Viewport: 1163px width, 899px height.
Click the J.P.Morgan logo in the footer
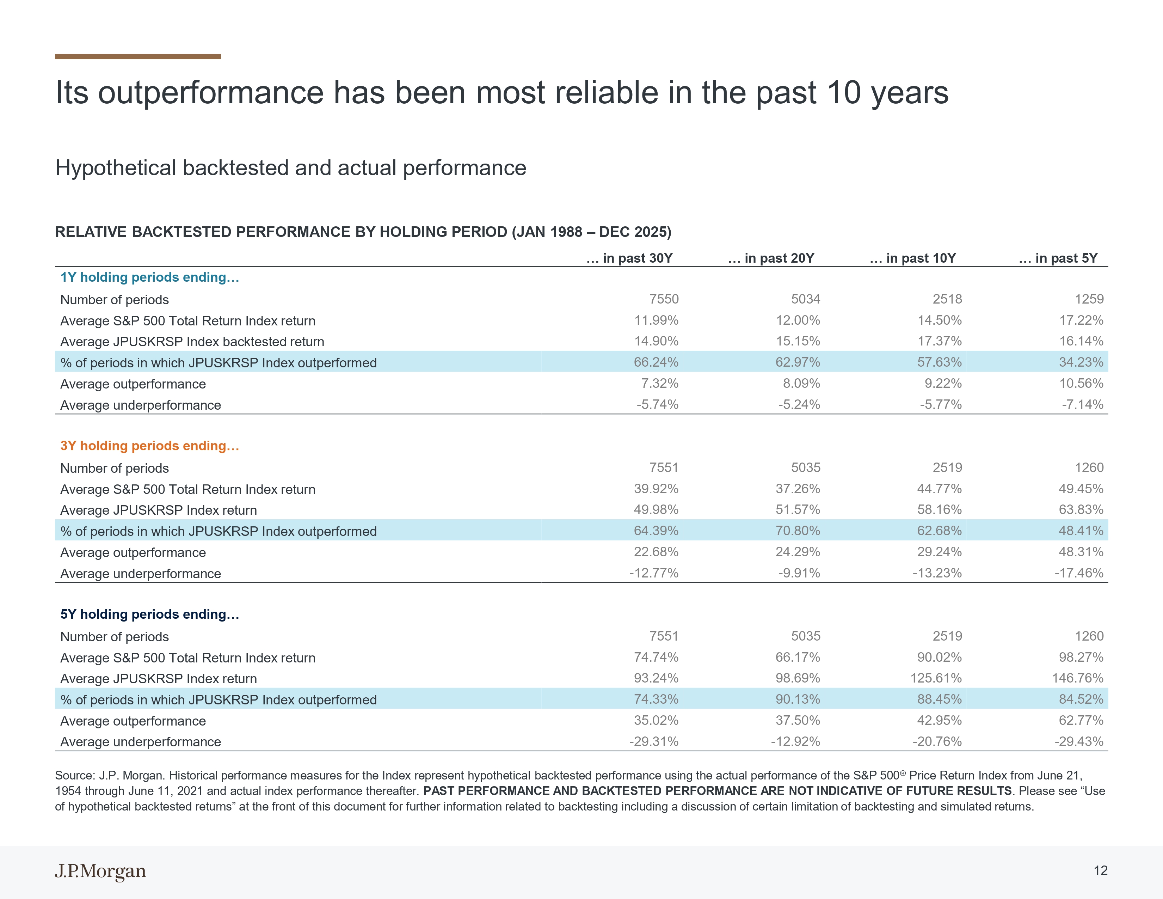pyautogui.click(x=100, y=871)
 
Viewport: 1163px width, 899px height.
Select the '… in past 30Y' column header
pyautogui.click(x=629, y=258)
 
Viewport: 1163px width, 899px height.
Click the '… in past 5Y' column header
pyautogui.click(x=1058, y=258)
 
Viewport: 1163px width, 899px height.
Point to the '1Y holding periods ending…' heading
pyautogui.click(x=150, y=277)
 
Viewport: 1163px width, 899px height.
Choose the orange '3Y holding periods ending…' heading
pyautogui.click(x=150, y=446)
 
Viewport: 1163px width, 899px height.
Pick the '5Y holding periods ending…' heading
pyautogui.click(x=150, y=614)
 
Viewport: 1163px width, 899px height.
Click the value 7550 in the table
pyautogui.click(x=664, y=299)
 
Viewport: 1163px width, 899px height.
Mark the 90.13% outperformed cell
pyautogui.click(x=798, y=699)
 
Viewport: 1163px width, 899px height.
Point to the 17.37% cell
pyautogui.click(x=939, y=341)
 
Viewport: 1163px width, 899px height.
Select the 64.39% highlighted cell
pyautogui.click(x=656, y=531)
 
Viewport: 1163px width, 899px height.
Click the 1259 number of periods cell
pyautogui.click(x=1089, y=299)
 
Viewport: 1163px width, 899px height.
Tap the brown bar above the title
pyautogui.click(x=138, y=56)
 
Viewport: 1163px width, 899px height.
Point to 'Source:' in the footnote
pyautogui.click(x=75, y=776)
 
